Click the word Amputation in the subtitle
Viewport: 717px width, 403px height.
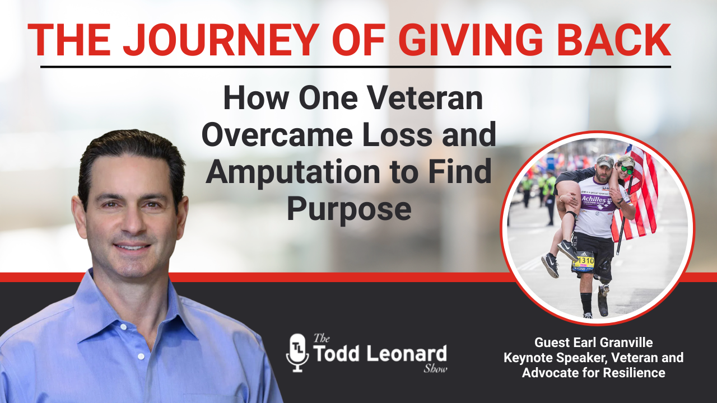coord(292,171)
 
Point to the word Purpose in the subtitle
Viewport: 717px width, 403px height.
coord(349,209)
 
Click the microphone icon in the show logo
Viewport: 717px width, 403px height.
coord(297,353)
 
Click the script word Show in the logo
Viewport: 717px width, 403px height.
coord(435,368)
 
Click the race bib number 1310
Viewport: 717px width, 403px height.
coord(585,261)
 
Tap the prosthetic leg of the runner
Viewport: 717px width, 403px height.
coord(603,299)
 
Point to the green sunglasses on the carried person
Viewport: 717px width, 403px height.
coord(627,170)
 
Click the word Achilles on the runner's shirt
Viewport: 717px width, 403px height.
coord(594,199)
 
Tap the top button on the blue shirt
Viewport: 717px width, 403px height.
coord(123,327)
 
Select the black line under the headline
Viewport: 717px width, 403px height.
coord(355,67)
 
